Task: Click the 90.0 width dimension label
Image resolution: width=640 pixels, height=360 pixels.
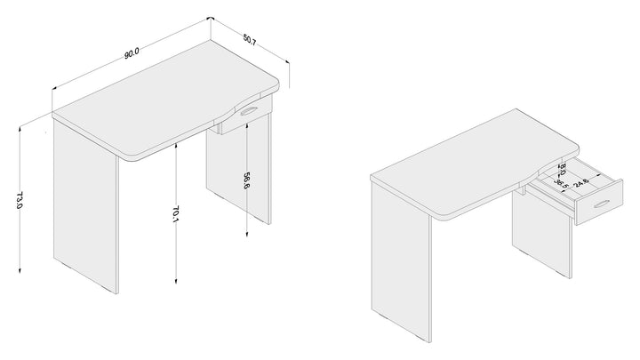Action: coord(132,53)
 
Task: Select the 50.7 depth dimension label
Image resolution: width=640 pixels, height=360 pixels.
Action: coord(250,40)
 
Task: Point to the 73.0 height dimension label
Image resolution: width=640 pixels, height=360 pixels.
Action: coord(19,200)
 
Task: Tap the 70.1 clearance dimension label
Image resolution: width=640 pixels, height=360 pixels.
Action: coord(175,213)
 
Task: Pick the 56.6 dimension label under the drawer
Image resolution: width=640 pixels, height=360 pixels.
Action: coord(246,180)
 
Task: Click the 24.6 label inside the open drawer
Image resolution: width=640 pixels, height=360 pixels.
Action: coord(580,182)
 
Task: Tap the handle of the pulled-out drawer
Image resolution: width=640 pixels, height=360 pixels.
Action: coord(602,204)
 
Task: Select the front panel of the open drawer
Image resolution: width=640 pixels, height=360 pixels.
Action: coord(598,203)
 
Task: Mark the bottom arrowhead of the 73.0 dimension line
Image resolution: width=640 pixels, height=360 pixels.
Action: coord(20,269)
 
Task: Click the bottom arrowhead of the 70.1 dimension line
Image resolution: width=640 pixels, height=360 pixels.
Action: coord(176,280)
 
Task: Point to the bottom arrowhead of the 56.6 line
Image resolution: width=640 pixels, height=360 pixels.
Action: coord(246,234)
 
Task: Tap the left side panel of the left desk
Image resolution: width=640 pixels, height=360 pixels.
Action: coord(85,206)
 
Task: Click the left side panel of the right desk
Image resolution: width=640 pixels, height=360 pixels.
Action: coord(401,261)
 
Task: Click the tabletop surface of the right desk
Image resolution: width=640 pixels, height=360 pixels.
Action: coord(474,164)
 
